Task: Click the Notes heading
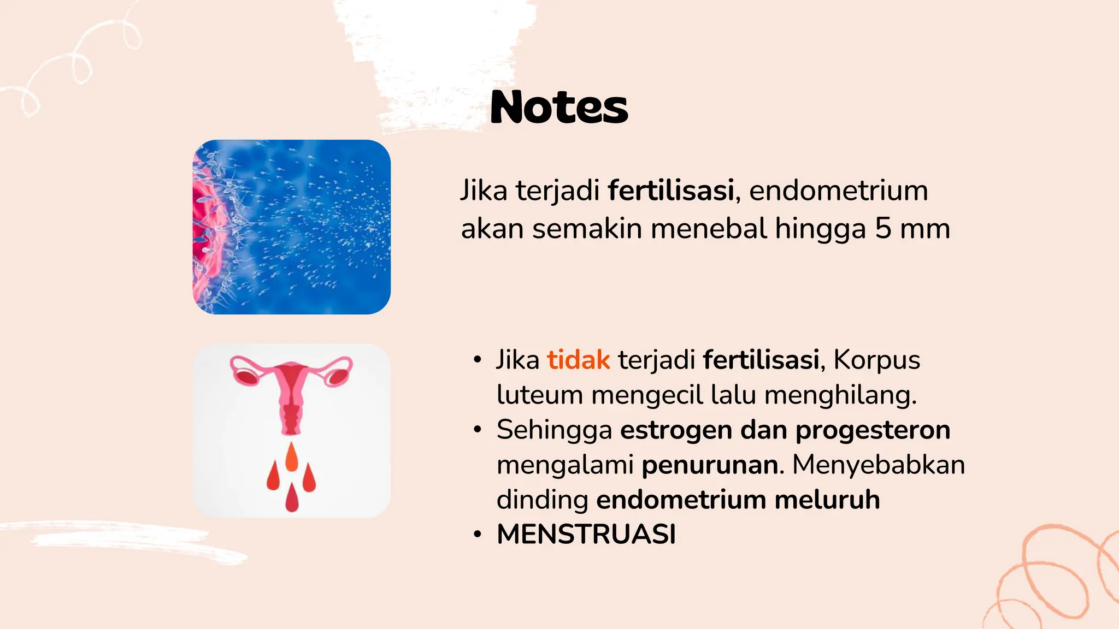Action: coord(559,107)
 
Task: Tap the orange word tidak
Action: coord(579,360)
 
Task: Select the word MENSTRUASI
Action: coord(586,535)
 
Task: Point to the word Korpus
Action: coord(877,360)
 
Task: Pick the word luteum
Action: coord(539,395)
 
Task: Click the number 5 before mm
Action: coord(883,229)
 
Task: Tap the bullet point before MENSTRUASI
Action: coord(478,535)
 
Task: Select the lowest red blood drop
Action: coord(292,497)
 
